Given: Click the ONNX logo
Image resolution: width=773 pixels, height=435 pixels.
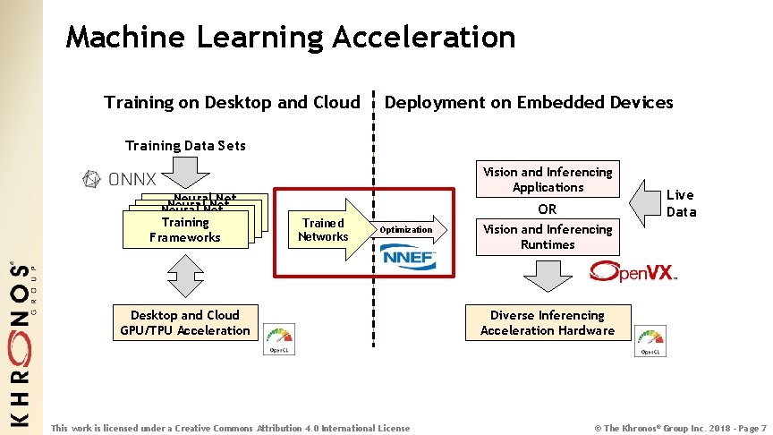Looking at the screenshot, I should tap(119, 179).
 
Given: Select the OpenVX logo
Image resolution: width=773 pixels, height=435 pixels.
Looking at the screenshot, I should tap(633, 270).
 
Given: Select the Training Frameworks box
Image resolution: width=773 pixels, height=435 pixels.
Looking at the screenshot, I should tap(185, 230).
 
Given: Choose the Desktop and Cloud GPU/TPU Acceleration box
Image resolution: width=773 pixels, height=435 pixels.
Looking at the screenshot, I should tap(185, 323).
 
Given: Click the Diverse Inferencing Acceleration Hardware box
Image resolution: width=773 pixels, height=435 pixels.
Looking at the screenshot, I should tap(548, 323).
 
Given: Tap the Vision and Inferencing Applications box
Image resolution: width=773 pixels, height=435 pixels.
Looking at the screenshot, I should tap(548, 180).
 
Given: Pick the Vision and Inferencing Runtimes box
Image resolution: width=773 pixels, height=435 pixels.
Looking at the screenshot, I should tap(548, 237).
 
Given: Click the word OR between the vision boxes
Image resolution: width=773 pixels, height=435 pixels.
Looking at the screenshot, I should tap(548, 209).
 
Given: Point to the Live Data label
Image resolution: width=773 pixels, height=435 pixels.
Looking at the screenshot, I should tap(680, 203).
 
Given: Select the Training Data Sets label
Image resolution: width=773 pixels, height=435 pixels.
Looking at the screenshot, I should tap(185, 146).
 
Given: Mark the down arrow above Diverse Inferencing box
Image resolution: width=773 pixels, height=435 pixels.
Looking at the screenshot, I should tap(548, 277).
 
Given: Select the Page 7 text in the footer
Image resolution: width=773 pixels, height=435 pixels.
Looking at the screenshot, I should tap(745, 428).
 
